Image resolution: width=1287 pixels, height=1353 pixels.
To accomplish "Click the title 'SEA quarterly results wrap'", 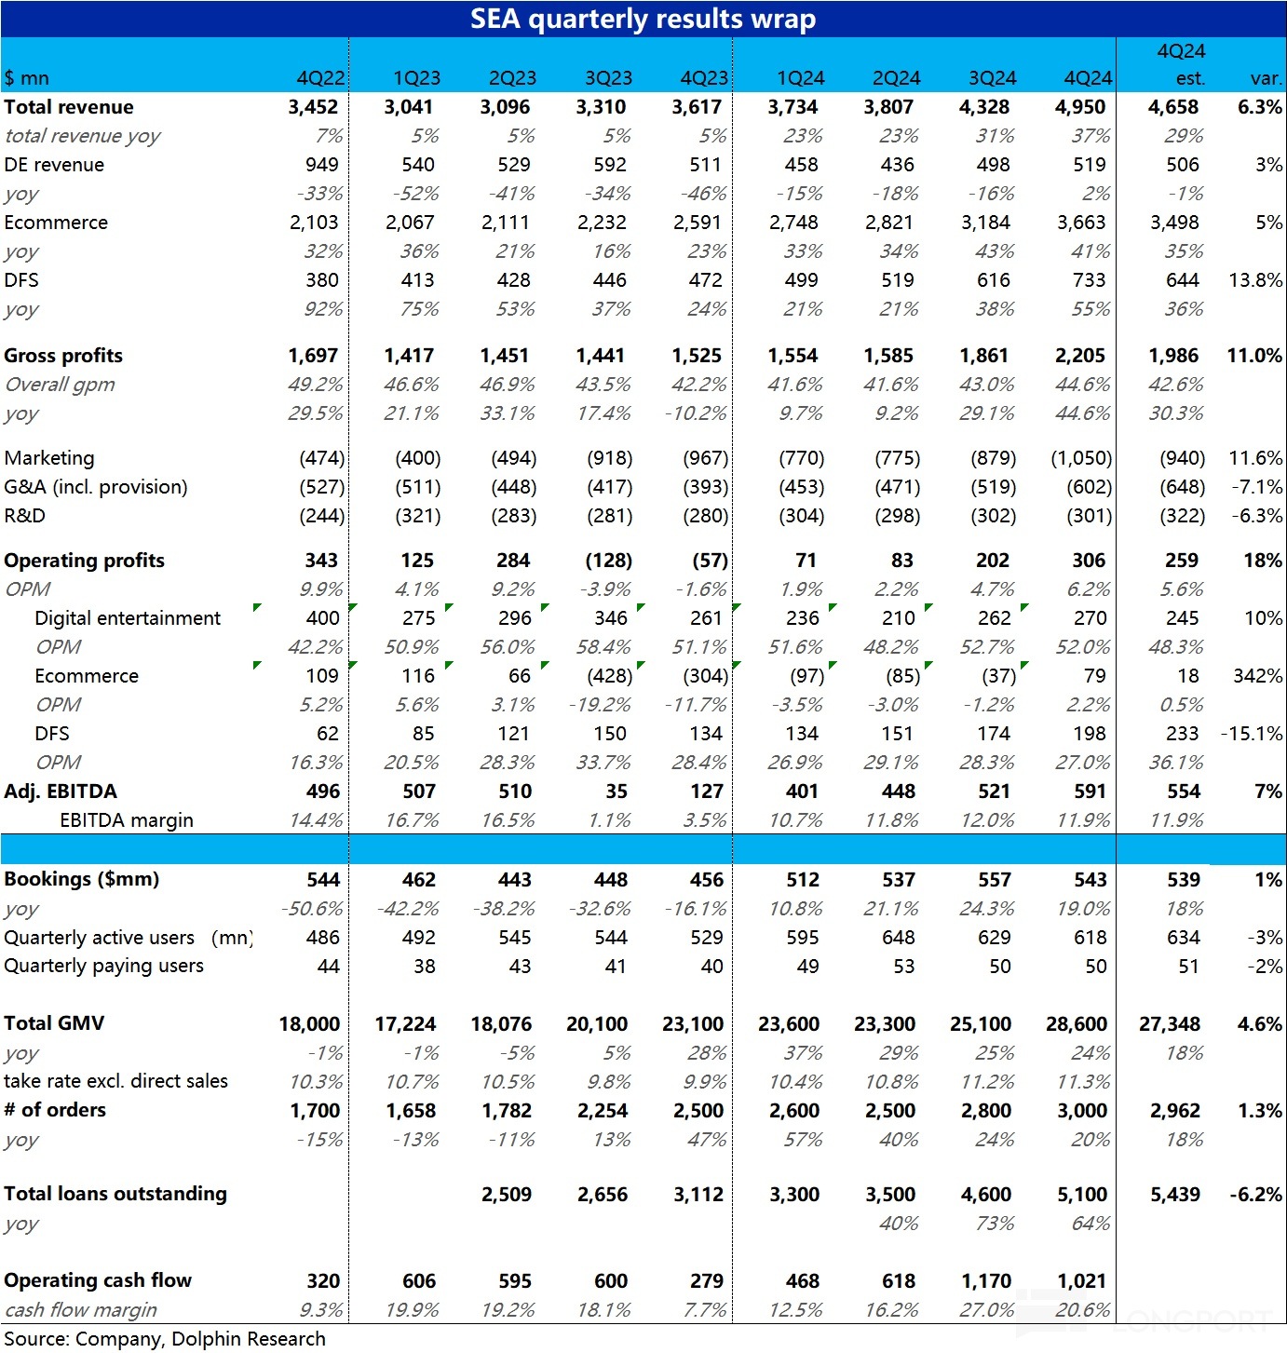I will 643,19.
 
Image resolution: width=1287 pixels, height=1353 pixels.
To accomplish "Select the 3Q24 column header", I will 992,78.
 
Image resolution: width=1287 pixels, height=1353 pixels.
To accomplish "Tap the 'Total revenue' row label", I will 69,107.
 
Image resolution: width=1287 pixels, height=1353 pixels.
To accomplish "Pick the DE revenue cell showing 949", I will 322,165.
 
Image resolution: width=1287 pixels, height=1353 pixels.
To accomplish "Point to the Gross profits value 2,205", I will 1080,356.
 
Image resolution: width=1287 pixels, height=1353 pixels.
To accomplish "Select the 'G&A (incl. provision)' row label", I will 96,487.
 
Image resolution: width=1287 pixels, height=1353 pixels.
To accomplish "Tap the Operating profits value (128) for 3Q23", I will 609,561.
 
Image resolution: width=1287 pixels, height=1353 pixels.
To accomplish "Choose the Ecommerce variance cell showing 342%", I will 1257,676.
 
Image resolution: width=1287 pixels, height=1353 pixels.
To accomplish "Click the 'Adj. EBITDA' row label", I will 61,792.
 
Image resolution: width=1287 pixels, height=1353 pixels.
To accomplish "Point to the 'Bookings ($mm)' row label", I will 82,879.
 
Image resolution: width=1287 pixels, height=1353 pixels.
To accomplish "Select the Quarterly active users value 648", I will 899,938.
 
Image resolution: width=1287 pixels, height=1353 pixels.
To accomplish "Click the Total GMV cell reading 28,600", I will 1077,1024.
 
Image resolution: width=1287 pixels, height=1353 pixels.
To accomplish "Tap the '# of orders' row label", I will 55,1110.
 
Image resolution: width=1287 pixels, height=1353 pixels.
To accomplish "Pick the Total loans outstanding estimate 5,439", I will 1175,1195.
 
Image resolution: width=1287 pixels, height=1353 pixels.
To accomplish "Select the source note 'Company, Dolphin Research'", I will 200,1339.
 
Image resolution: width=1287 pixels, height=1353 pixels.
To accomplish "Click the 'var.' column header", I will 1266,78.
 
